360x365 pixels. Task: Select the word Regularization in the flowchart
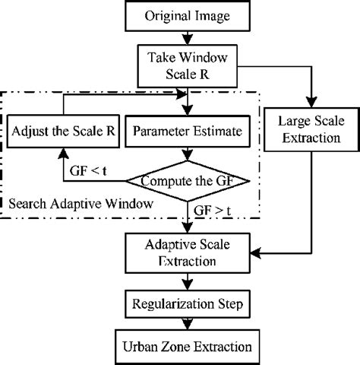point(166,304)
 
